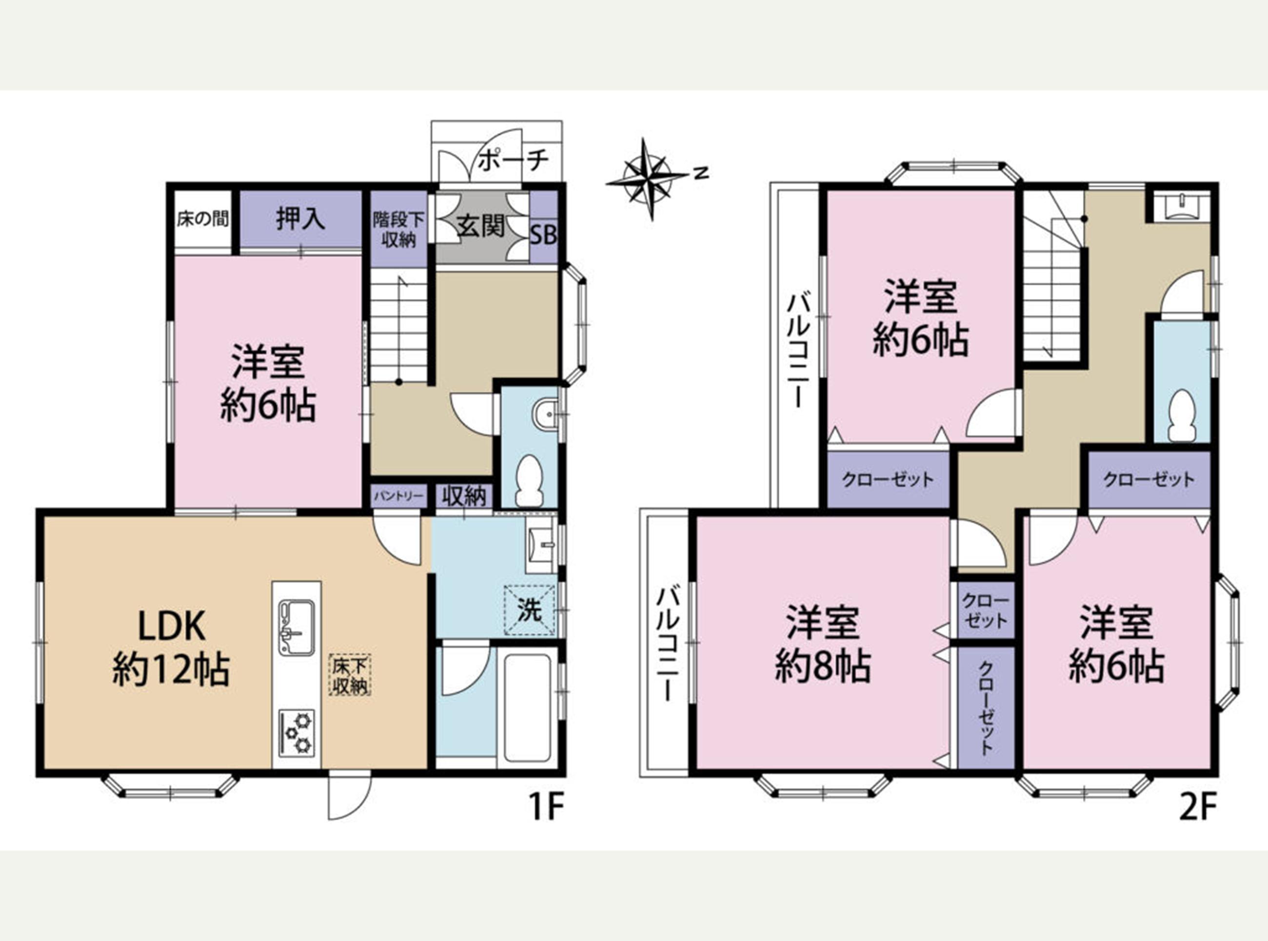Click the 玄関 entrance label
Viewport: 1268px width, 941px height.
[481, 227]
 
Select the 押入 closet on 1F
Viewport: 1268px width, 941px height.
[301, 219]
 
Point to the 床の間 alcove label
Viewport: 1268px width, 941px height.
[203, 219]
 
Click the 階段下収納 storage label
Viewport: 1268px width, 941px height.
[399, 230]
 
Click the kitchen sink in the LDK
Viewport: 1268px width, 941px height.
[296, 627]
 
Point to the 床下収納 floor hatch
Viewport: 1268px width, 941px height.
[350, 675]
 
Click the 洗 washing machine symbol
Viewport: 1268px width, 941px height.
[530, 610]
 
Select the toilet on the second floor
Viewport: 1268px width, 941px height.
[1181, 415]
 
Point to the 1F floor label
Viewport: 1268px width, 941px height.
[546, 807]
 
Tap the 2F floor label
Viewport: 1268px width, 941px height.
[1197, 807]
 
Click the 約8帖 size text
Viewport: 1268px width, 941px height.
[823, 666]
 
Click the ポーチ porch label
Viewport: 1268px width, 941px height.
[513, 161]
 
